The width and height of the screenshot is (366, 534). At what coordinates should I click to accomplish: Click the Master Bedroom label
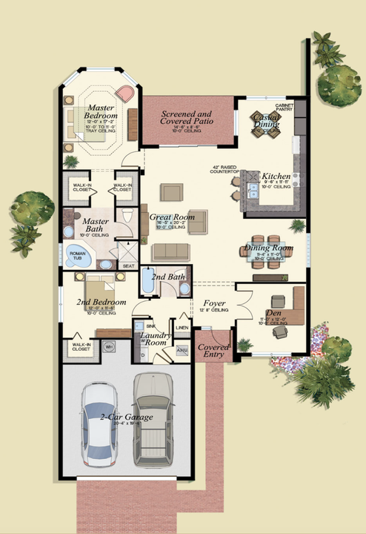(x=99, y=112)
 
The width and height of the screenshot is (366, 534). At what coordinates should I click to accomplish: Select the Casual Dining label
(x=264, y=121)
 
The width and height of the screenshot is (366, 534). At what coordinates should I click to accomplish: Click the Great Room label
(x=171, y=217)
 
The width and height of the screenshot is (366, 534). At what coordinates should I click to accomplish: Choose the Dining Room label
(x=267, y=248)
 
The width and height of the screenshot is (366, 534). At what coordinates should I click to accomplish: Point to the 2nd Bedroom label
(x=101, y=303)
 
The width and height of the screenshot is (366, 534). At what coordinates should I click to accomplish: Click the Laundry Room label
(x=156, y=340)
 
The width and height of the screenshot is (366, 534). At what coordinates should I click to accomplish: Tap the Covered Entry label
(x=214, y=351)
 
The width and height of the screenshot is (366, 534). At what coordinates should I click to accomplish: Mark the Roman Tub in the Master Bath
(x=77, y=254)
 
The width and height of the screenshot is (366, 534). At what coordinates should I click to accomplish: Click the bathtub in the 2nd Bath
(x=148, y=283)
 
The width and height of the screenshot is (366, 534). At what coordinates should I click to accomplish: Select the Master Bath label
(x=96, y=225)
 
